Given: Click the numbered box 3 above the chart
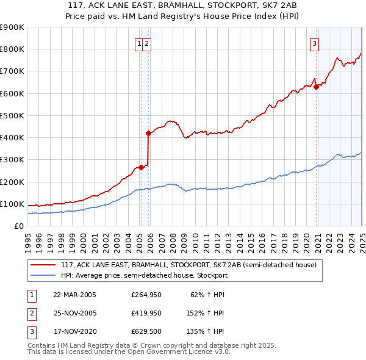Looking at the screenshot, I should (314, 43).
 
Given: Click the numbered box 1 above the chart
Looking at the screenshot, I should (140, 43).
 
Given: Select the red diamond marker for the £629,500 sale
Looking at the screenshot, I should (317, 87).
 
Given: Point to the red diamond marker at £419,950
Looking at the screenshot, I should (148, 132).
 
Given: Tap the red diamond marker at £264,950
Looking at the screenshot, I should (141, 167).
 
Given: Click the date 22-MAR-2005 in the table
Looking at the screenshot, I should (75, 295).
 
